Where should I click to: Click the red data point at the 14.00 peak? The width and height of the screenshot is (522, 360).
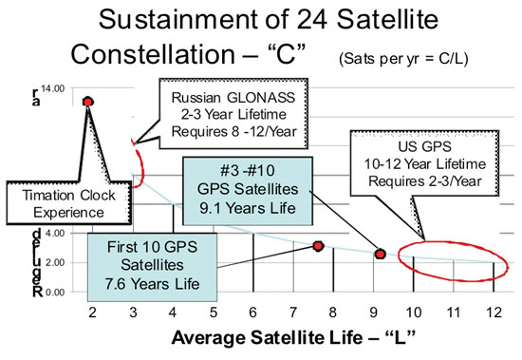point(89,101)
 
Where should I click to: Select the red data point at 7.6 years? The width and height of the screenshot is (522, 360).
point(319,246)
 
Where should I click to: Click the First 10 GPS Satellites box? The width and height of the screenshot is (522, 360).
point(153,260)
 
